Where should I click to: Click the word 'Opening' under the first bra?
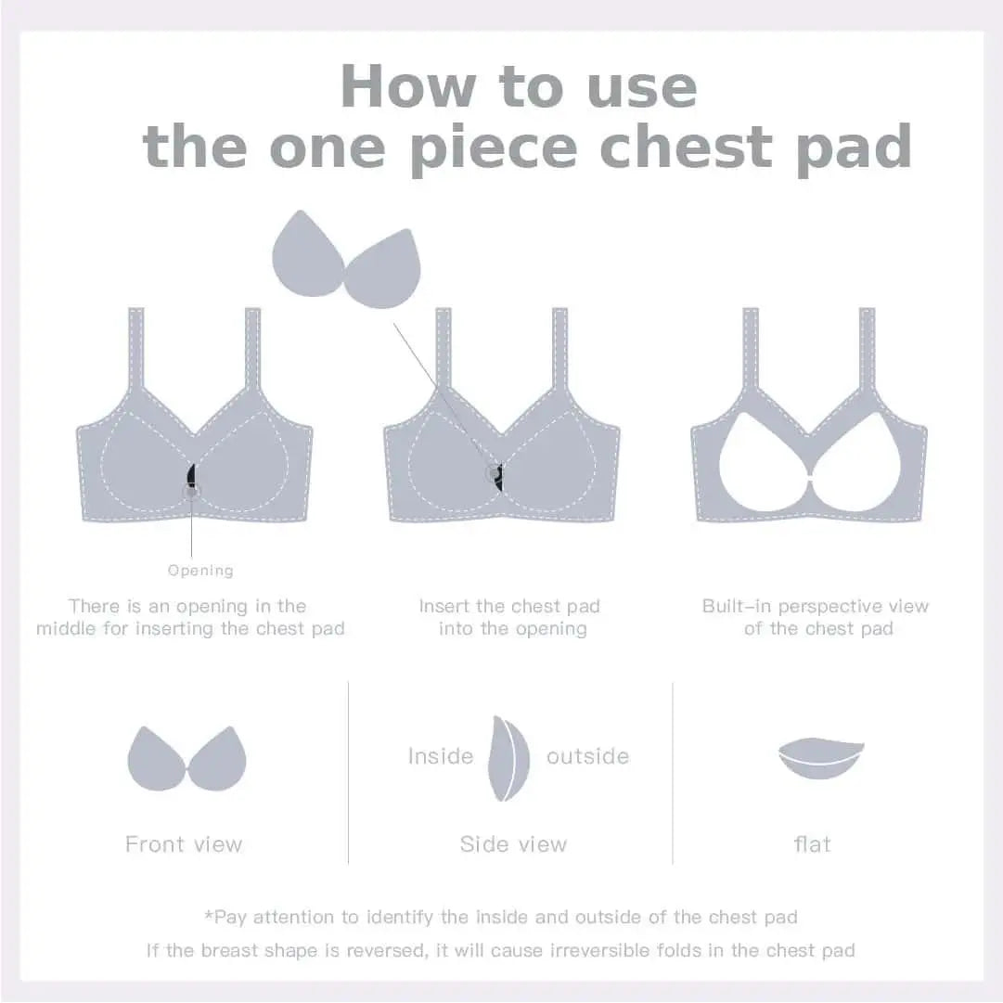(200, 571)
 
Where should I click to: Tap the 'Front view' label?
(185, 844)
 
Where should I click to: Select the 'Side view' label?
(514, 844)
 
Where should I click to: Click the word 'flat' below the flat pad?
(813, 844)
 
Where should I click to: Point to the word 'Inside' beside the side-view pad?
(441, 756)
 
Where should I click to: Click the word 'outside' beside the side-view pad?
(588, 757)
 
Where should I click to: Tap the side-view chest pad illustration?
(508, 759)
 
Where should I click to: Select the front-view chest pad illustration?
(186, 759)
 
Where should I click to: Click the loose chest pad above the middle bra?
(347, 260)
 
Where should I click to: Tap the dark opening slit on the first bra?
(190, 476)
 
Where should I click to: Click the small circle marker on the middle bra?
(494, 473)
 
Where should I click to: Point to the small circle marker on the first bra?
(191, 491)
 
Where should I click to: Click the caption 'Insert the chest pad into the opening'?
(510, 617)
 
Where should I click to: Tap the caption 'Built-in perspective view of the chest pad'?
(816, 617)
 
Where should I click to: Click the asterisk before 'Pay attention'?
(209, 915)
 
